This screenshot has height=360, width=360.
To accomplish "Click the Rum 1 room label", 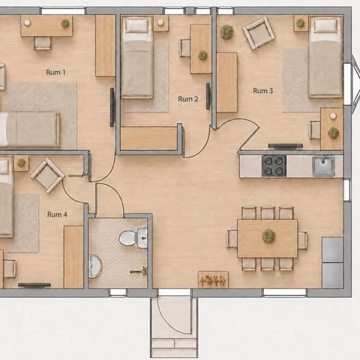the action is (x=56, y=72).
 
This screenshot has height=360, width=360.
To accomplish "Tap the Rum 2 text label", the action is (x=188, y=99).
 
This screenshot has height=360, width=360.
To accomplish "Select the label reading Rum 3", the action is (x=263, y=91).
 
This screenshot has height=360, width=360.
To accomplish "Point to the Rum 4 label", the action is (x=57, y=215).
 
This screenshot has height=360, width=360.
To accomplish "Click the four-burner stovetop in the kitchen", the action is (x=274, y=166).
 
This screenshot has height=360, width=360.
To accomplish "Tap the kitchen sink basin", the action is (x=324, y=166).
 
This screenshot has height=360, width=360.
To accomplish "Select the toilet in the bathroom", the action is (x=133, y=238).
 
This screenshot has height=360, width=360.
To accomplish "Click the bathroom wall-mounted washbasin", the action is (x=95, y=266).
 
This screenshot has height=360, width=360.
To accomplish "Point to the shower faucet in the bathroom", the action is (x=139, y=272).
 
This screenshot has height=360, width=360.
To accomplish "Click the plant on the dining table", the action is (x=268, y=236).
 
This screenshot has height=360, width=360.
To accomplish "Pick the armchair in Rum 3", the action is (x=259, y=33).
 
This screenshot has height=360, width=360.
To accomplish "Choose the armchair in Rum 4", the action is (x=48, y=175).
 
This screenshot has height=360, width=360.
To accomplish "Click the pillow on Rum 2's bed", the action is (x=137, y=25).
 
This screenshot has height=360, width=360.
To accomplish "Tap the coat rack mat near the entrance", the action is (x=213, y=279).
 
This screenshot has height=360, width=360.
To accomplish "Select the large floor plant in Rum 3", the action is (x=227, y=32).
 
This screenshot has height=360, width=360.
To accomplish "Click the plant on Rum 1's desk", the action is (x=65, y=23).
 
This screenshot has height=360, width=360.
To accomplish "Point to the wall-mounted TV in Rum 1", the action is (x=112, y=107).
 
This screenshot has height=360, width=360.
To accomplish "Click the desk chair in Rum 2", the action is (x=185, y=48).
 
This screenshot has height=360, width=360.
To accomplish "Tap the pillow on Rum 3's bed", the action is (x=325, y=26).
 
